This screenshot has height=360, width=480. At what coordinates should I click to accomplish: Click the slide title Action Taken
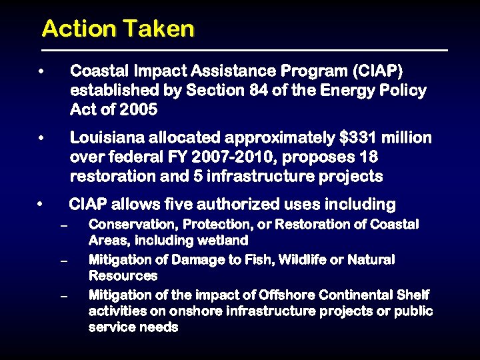(x=118, y=29)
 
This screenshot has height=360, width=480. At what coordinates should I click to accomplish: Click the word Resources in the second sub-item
(x=123, y=275)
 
